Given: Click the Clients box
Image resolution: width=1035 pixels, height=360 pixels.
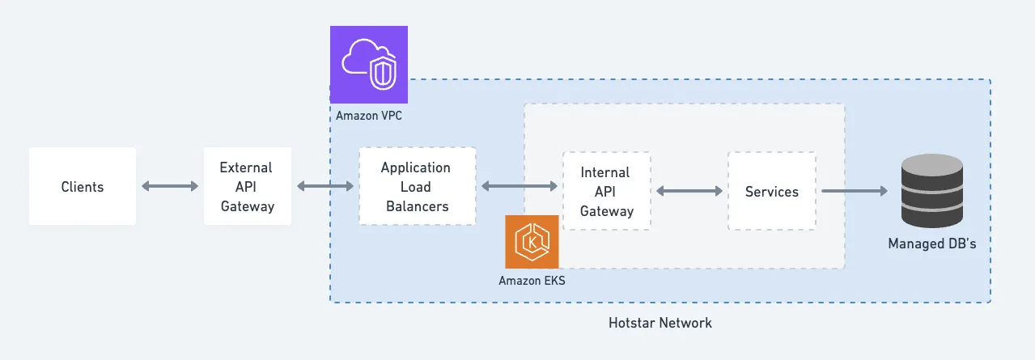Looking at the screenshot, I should click(x=82, y=186).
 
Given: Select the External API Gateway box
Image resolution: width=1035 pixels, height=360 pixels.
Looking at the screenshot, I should click(x=247, y=186).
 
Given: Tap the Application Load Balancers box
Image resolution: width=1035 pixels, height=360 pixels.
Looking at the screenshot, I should click(x=416, y=186).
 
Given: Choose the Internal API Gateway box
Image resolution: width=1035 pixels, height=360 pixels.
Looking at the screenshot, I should click(x=606, y=191).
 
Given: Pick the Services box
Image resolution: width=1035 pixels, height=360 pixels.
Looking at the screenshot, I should click(x=771, y=191).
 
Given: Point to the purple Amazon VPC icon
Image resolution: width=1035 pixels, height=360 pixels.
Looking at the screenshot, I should click(x=368, y=64).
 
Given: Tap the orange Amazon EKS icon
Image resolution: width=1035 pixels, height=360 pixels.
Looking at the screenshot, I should click(x=532, y=241).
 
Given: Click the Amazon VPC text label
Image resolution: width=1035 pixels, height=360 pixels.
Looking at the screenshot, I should click(x=369, y=116).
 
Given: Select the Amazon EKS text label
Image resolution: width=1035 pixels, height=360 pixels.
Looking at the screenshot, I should click(x=532, y=281).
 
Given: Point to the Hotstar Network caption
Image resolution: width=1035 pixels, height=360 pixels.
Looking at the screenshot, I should click(x=660, y=323).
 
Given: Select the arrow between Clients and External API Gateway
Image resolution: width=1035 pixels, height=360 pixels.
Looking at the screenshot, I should click(x=170, y=186).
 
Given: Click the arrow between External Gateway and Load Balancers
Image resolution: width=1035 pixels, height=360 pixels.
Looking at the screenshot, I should click(x=324, y=186).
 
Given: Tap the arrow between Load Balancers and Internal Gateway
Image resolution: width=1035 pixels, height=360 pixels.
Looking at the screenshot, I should click(x=519, y=186).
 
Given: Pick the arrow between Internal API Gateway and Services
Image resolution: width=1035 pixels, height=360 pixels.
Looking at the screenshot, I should click(x=689, y=191).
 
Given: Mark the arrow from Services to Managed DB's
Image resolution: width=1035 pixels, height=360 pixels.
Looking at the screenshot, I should click(x=855, y=191).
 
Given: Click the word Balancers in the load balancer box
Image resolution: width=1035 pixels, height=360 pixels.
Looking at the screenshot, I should click(x=417, y=206).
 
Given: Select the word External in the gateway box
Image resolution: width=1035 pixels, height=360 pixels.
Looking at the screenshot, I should click(x=246, y=167).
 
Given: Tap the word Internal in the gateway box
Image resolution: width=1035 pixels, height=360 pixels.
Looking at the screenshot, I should click(x=605, y=172).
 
